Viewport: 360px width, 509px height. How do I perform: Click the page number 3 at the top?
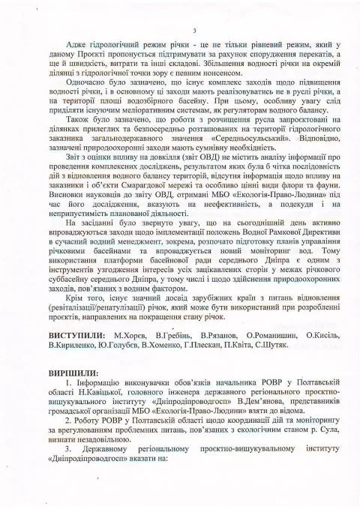193,29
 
